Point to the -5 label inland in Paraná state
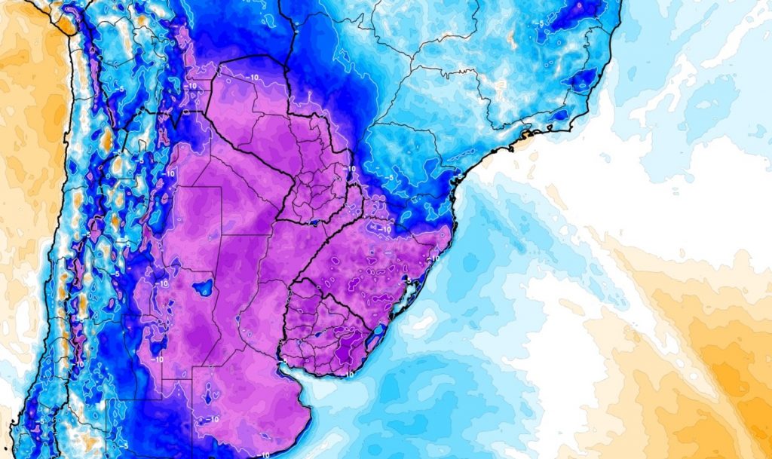tap(391, 178)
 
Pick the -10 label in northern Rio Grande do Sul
tap(384, 228)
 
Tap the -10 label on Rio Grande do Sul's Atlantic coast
tap(434, 257)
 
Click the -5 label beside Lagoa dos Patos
tap(408, 280)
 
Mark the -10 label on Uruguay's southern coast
tap(350, 372)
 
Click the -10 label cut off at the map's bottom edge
tap(265, 454)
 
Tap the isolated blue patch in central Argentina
tap(202, 287)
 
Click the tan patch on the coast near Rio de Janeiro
tap(525, 134)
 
